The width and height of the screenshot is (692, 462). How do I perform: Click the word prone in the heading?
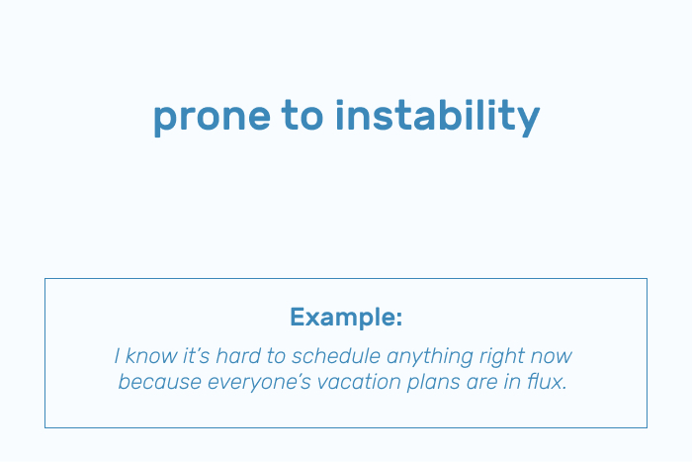[x=212, y=118]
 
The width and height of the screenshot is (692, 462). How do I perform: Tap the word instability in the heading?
[x=437, y=116]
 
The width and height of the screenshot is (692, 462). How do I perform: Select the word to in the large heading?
[x=303, y=115]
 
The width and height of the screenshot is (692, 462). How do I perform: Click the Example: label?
[x=346, y=317]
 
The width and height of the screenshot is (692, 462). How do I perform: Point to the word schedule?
[x=335, y=356]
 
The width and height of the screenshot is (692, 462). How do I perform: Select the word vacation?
[x=359, y=382]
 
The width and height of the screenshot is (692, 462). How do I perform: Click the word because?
[x=160, y=382]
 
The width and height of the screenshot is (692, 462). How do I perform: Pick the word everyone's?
[x=259, y=383]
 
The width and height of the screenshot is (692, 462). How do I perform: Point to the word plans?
[x=433, y=383]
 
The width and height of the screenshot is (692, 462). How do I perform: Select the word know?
[x=151, y=356]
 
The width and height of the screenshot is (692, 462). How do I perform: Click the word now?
[x=552, y=357]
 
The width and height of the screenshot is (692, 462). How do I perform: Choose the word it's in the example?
[x=197, y=356]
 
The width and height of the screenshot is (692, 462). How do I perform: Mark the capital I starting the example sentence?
[x=117, y=356]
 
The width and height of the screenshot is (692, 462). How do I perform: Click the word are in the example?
[x=482, y=383]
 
